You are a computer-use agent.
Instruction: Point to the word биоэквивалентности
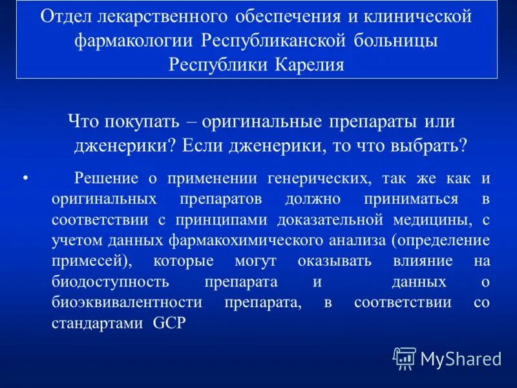[127, 303]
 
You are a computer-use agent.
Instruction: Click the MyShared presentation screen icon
[405, 358]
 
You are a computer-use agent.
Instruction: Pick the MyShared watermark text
[460, 358]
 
